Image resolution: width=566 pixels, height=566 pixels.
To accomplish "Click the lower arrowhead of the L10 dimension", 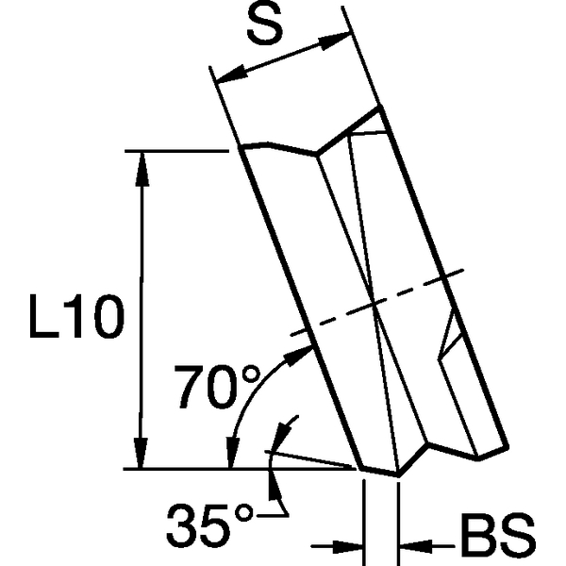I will point(142,455).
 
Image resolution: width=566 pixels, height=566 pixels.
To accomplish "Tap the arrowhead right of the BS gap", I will point(412,544).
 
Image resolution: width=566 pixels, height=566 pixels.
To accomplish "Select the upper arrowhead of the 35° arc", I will point(279,436).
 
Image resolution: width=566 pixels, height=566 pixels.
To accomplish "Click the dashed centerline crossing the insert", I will point(377,303).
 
